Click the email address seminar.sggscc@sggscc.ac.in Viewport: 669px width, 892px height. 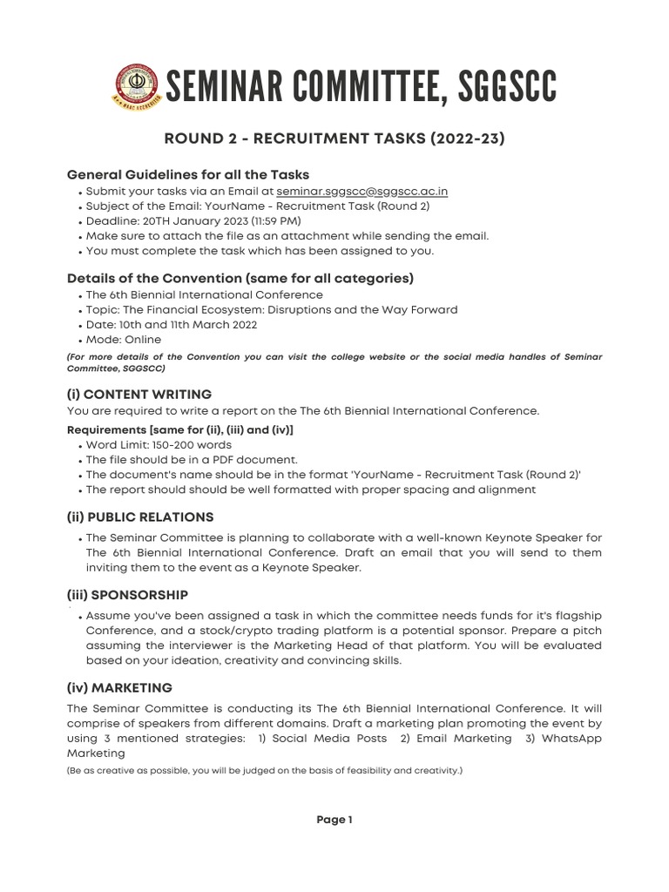[362, 191]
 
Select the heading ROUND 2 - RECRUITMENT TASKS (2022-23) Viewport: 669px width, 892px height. [334, 138]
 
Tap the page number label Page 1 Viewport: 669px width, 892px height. [334, 820]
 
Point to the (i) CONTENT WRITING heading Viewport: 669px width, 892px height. [139, 395]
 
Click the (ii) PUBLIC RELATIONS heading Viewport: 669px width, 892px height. [140, 517]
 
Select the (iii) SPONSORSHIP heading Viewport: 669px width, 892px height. [127, 595]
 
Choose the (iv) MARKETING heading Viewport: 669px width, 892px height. [119, 688]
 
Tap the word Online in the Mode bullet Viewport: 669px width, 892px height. [142, 340]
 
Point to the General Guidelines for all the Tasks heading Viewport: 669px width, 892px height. [188, 174]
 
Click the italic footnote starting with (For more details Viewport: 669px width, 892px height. [334, 362]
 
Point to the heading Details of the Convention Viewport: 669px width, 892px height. [240, 279]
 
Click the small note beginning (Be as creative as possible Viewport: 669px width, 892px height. [264, 771]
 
